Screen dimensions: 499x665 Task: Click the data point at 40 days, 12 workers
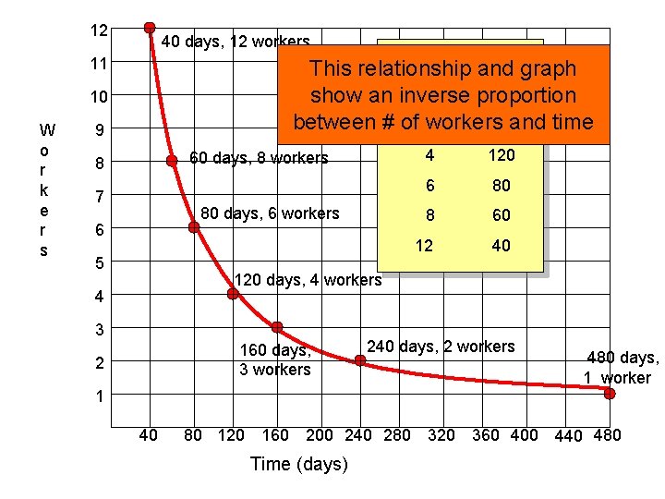[x=149, y=28]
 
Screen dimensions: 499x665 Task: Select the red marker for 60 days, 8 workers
[x=172, y=161]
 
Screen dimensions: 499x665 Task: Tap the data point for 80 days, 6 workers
[x=194, y=226]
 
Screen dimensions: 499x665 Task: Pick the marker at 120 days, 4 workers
[x=233, y=294]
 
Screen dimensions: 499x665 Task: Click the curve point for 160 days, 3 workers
[x=276, y=327]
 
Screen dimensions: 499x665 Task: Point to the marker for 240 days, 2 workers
[x=359, y=361]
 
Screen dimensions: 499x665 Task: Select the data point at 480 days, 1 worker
[x=610, y=394]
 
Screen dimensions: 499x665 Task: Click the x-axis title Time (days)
[x=299, y=464]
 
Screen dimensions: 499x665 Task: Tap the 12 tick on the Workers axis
[x=99, y=30]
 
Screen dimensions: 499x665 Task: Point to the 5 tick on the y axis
[x=99, y=263]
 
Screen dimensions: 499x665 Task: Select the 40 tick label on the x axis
[x=148, y=435]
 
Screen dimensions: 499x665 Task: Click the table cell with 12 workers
[x=423, y=245]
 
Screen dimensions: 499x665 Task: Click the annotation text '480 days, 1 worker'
[x=621, y=368]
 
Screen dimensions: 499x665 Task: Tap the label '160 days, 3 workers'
[x=274, y=360]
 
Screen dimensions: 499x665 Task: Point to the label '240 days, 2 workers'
[x=441, y=347]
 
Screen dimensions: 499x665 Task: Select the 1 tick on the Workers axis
[x=99, y=396]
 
